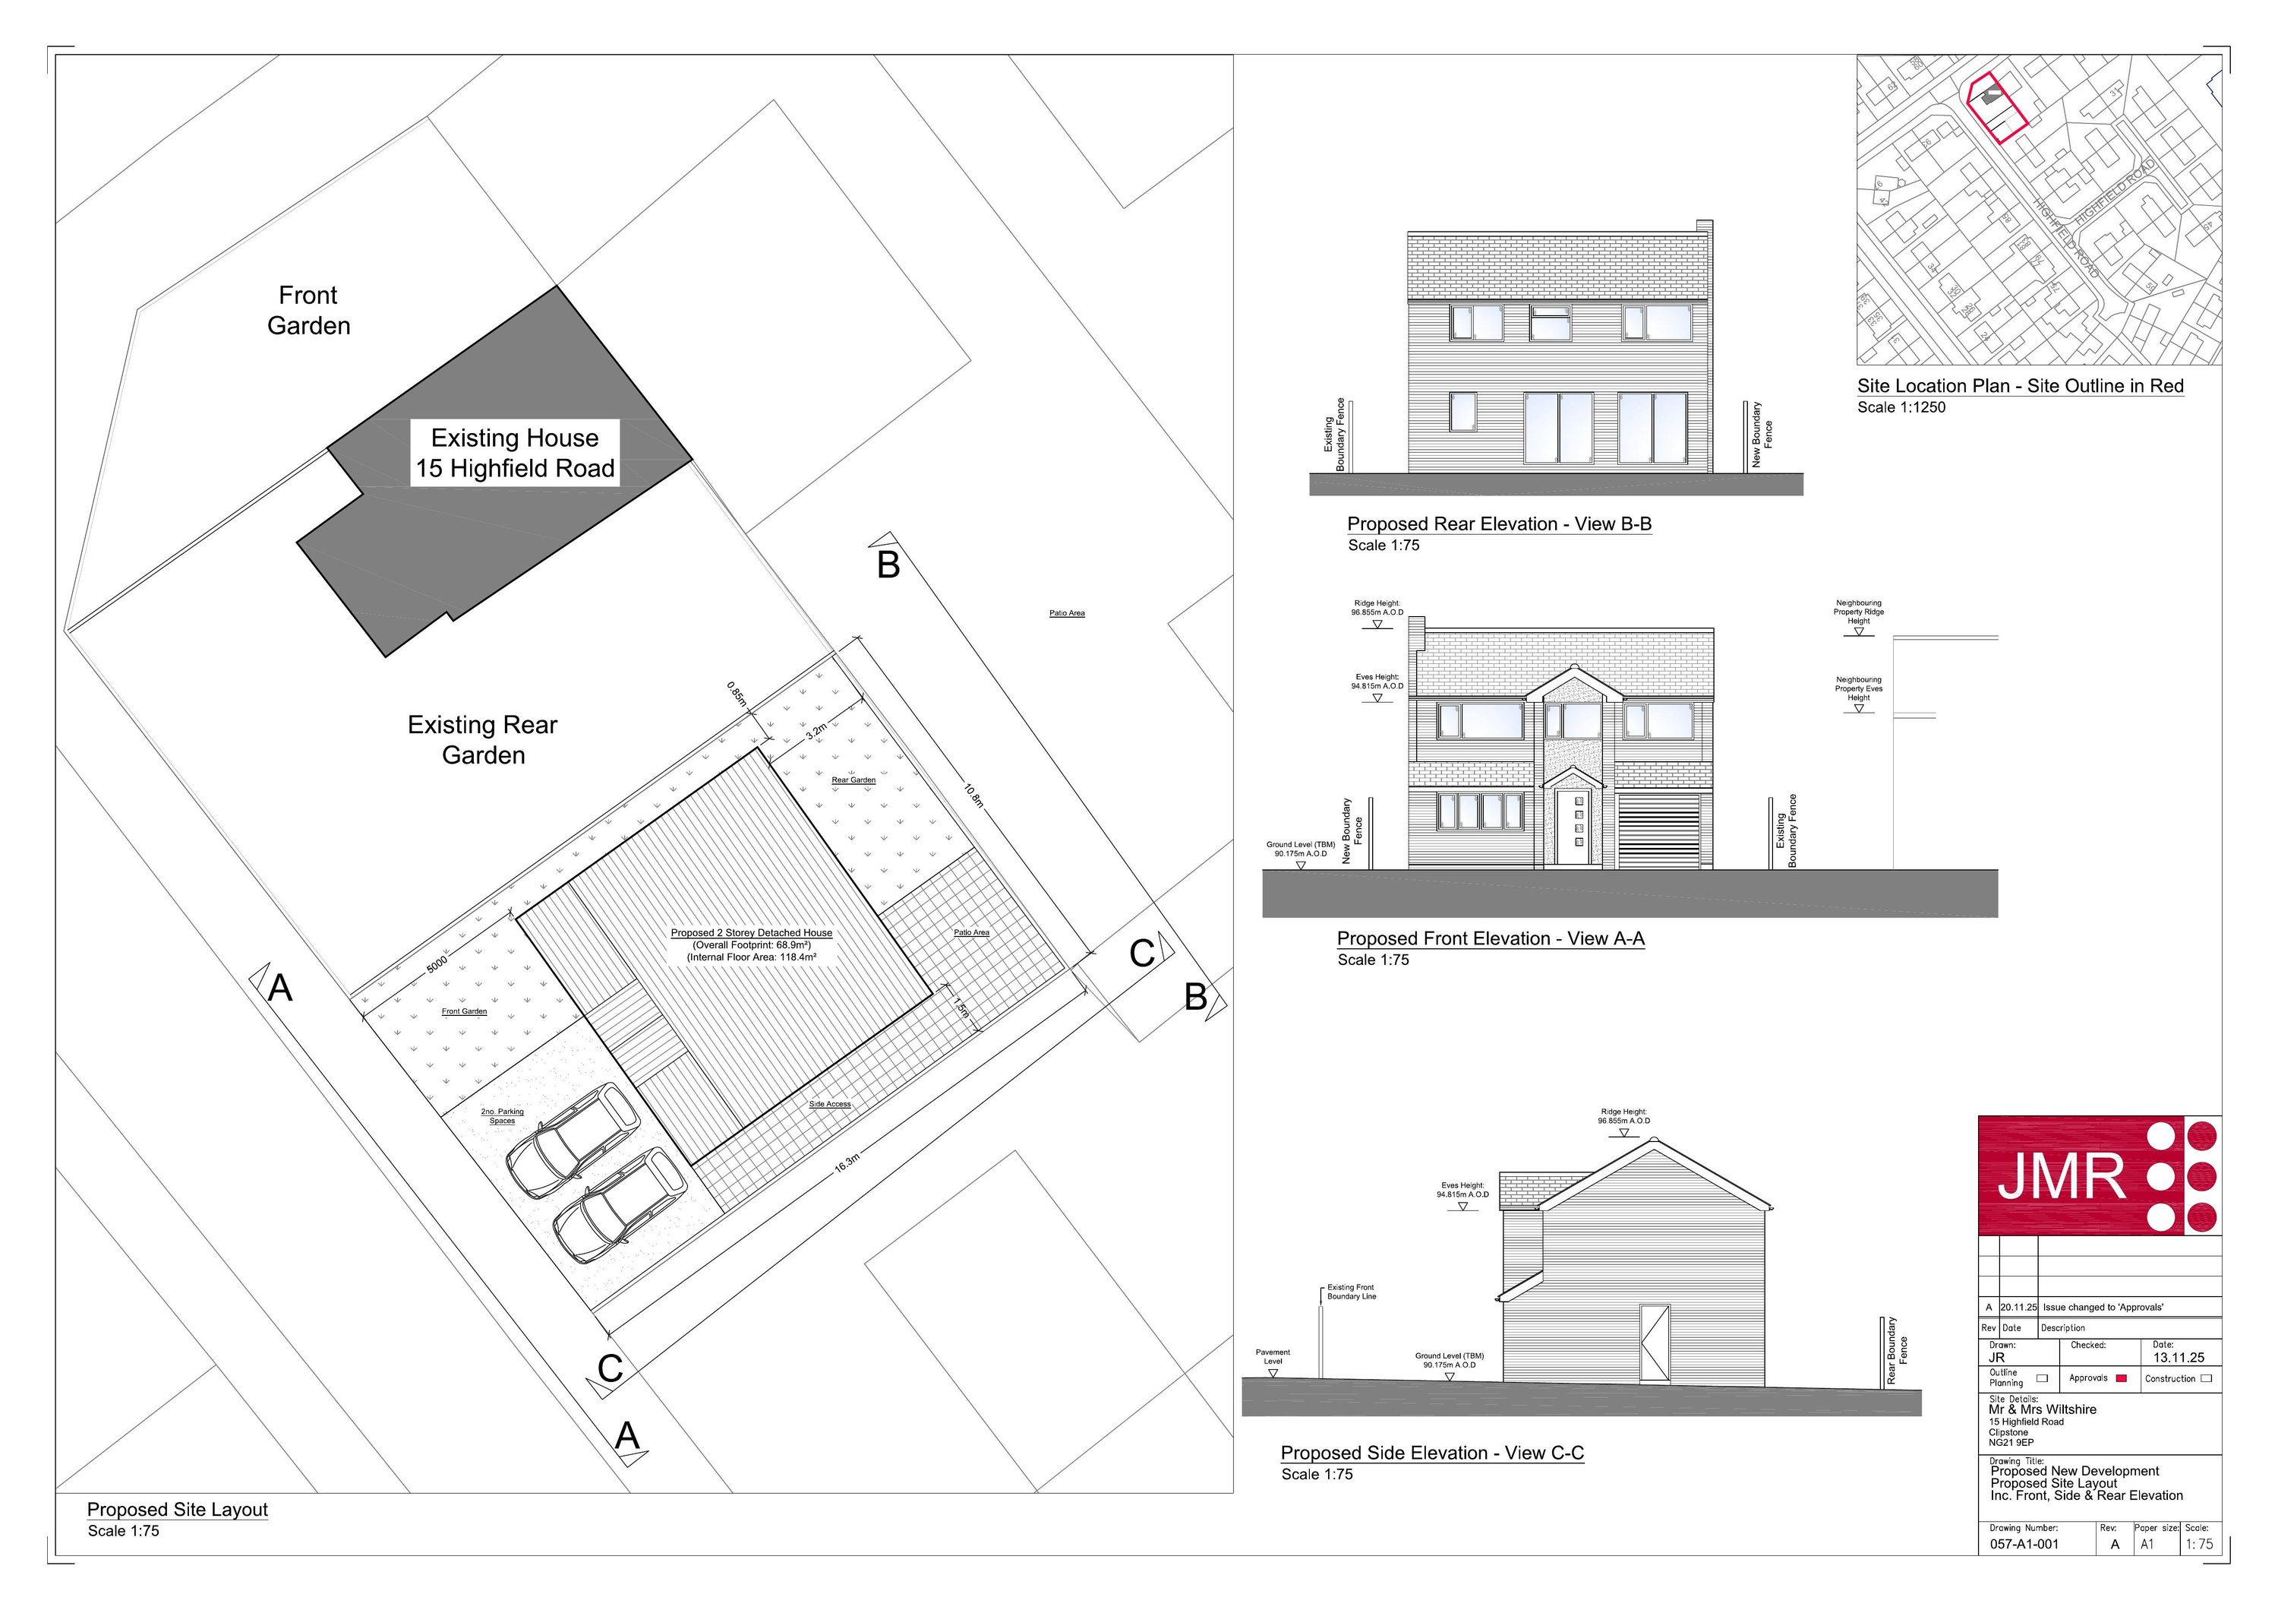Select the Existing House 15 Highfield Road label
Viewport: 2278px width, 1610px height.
coord(515,453)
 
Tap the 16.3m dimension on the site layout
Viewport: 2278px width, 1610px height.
coord(847,1163)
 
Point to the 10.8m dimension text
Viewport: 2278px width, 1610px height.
coord(973,795)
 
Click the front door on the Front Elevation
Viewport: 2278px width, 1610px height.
coord(1570,827)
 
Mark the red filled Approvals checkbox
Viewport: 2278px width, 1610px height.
coord(2122,1378)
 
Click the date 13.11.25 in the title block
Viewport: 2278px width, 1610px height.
coord(2179,1357)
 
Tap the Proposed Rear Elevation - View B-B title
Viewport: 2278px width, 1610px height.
coord(1498,524)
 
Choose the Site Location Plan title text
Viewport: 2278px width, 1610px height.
coord(2020,386)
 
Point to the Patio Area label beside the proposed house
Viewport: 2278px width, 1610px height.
coord(971,932)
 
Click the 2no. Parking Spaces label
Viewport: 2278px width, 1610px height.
coord(502,1115)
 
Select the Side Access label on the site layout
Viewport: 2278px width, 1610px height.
coord(829,1104)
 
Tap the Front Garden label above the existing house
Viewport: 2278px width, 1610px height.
coord(308,311)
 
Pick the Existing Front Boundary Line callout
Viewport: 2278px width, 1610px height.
coord(1352,1292)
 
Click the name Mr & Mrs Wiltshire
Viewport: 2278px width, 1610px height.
coord(2042,1409)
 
